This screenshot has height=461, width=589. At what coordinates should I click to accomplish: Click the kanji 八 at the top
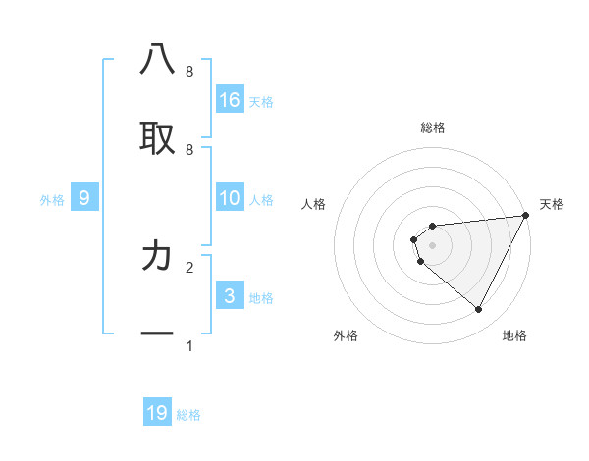(x=157, y=61)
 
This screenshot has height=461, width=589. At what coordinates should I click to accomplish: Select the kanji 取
(x=157, y=136)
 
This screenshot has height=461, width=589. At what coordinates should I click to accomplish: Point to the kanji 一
(x=157, y=333)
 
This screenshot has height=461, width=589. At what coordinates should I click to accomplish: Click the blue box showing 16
(x=230, y=99)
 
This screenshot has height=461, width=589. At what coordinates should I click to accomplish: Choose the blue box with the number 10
(x=230, y=198)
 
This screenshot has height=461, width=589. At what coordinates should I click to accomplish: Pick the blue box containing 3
(x=230, y=296)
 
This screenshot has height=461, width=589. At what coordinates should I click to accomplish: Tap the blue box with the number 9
(x=84, y=198)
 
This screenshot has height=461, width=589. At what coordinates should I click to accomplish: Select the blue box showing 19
(x=157, y=413)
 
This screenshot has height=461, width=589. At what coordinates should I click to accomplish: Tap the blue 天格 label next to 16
(x=261, y=101)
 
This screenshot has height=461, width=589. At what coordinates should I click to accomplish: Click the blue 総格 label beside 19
(x=188, y=415)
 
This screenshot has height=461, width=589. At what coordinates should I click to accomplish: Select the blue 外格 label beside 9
(x=52, y=200)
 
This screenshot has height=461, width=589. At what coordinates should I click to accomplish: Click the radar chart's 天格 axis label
(x=552, y=204)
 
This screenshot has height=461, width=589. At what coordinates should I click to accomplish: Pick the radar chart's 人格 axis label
(x=314, y=204)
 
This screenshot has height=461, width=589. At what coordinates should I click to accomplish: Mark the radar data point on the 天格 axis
(x=525, y=216)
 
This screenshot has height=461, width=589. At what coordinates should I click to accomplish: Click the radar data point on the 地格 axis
(x=479, y=310)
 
